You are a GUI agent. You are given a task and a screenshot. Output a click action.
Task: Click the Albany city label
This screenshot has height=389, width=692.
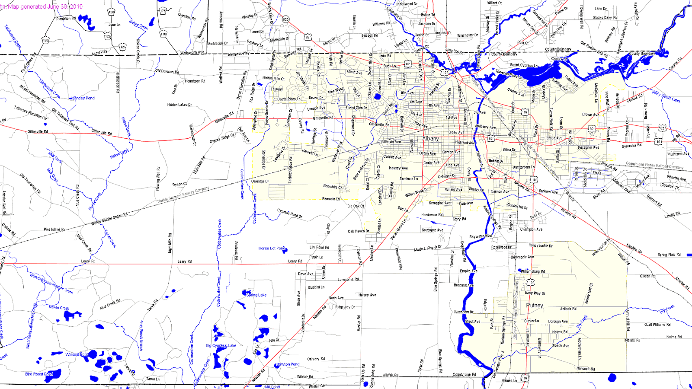430,139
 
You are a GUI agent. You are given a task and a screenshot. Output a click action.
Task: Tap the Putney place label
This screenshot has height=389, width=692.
535,305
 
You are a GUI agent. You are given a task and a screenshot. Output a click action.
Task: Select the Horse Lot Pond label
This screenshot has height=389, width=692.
272,248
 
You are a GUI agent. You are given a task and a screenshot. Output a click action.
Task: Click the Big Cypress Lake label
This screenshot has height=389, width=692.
221,345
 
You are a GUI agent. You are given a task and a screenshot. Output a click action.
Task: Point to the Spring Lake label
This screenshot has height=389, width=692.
256,295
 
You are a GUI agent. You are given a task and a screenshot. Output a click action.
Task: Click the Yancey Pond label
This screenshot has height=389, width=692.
83,98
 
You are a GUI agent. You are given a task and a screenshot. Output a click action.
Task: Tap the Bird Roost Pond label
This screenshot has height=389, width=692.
39,374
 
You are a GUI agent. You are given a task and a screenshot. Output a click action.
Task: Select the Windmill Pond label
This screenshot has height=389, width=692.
77,354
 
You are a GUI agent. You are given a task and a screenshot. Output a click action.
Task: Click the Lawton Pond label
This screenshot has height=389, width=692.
288,364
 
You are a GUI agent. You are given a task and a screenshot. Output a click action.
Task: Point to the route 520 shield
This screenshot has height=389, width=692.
285,19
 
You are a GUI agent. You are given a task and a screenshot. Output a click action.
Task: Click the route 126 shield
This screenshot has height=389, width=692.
45,40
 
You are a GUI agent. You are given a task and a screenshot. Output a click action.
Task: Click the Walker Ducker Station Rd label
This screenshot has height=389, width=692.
109,219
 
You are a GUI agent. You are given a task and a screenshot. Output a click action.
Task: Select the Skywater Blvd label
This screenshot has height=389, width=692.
481,236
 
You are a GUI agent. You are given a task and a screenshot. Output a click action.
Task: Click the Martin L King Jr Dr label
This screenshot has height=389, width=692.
428,249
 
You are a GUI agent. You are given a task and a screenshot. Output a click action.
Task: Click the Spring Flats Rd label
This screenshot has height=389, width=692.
669,255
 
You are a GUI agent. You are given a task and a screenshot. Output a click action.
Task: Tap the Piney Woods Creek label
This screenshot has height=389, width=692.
666,97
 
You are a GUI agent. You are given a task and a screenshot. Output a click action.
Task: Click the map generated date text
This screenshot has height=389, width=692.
42,6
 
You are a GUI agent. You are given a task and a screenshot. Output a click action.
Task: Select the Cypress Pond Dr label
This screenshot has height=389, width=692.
289,214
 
